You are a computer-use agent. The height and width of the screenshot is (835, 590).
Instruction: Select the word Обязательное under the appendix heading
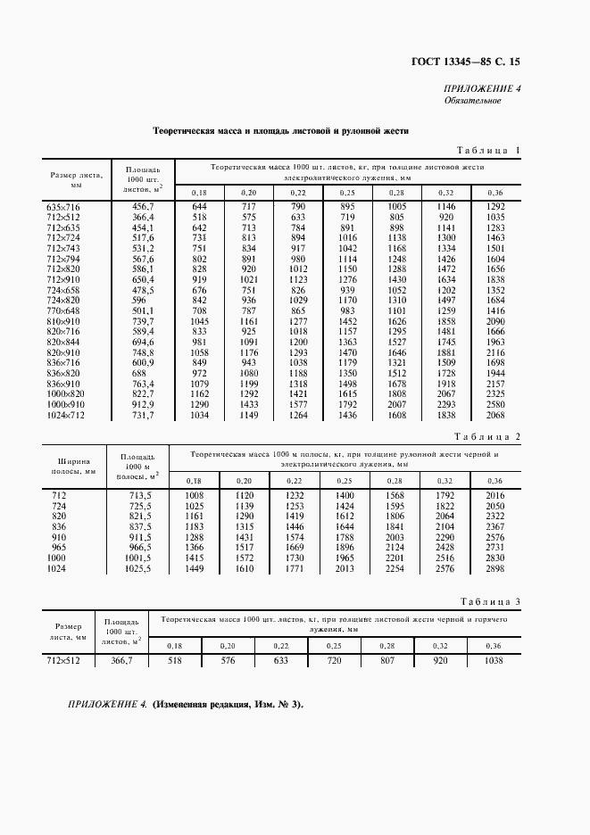point(472,100)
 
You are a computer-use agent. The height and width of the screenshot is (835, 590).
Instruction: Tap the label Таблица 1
point(487,150)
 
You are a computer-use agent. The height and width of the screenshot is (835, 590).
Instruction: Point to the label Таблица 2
point(487,436)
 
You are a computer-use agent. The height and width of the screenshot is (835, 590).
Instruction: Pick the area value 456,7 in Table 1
point(144,206)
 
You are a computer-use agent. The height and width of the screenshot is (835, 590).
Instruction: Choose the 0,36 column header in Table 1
point(494,192)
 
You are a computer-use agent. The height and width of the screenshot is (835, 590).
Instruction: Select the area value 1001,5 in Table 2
point(138,558)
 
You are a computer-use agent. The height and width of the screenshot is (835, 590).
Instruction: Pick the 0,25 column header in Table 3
point(334,645)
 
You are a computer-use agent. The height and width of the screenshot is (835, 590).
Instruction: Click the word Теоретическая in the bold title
point(184,130)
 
